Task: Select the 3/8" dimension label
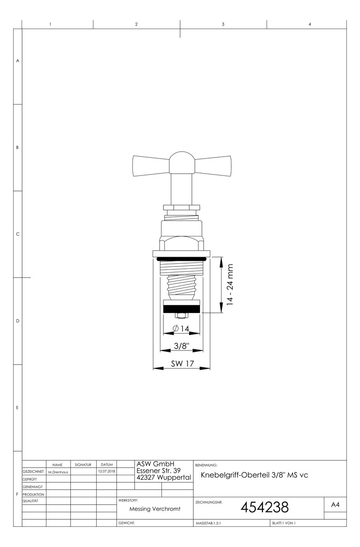pyautogui.click(x=181, y=346)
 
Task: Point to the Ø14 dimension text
pyautogui.click(x=181, y=329)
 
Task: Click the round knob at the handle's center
pyautogui.click(x=182, y=162)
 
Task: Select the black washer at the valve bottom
pyautogui.click(x=182, y=309)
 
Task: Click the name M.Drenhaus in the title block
pyautogui.click(x=58, y=471)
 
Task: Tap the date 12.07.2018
pyautogui.click(x=106, y=471)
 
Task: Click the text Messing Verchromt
pyautogui.click(x=155, y=509)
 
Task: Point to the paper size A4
pyautogui.click(x=335, y=505)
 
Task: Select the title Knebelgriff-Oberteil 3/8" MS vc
pyautogui.click(x=254, y=475)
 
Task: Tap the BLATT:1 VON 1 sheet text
pyautogui.click(x=284, y=523)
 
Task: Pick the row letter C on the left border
pyautogui.click(x=17, y=235)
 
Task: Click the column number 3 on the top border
pyautogui.click(x=223, y=24)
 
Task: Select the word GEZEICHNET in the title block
pyautogui.click(x=33, y=471)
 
